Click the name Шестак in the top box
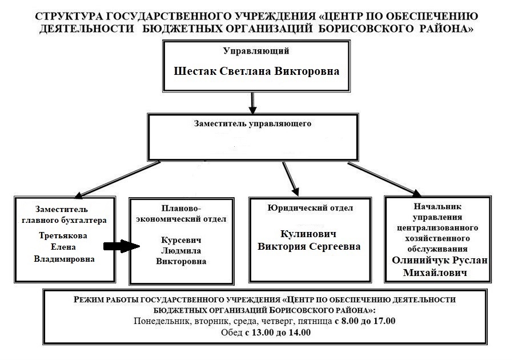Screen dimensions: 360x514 coord(195,72)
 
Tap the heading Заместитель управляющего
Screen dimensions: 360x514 coord(252,123)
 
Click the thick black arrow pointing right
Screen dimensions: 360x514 coord(121,247)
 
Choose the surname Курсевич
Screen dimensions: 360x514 coord(181,240)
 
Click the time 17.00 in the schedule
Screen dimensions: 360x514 coord(384,321)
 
